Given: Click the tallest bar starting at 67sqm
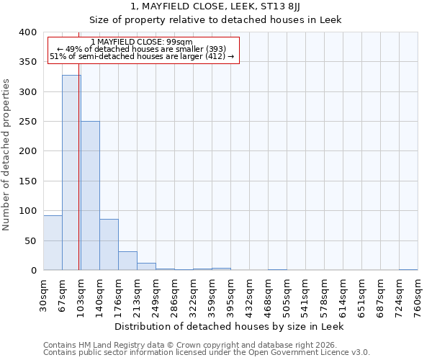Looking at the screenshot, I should tap(71, 173).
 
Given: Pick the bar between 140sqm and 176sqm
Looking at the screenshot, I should tap(109, 245).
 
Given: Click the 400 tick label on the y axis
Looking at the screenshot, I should tap(27, 32).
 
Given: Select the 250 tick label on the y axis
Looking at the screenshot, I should tap(27, 122).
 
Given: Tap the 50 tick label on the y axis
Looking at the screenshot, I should tap(30, 240).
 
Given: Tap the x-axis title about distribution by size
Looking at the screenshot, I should tap(229, 326).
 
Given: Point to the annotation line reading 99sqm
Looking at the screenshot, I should tap(142, 42).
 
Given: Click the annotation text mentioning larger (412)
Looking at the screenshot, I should tap(142, 56).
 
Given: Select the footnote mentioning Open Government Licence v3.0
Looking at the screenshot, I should tap(207, 352).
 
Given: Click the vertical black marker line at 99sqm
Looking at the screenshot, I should tap(78, 180).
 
